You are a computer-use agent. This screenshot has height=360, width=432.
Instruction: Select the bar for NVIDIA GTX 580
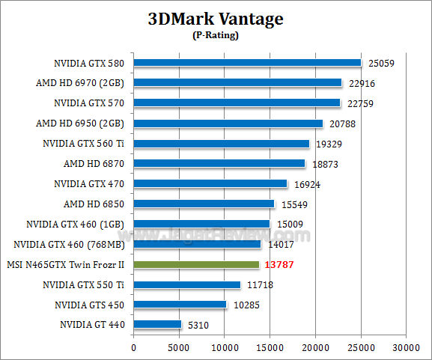(x=247, y=63)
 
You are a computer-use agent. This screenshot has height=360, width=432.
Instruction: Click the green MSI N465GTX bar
(x=196, y=265)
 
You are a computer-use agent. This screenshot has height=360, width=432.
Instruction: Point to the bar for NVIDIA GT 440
(x=157, y=325)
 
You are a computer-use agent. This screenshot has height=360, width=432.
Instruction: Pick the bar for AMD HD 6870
(x=219, y=164)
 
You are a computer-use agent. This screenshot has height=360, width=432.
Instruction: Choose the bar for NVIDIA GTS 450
(x=180, y=305)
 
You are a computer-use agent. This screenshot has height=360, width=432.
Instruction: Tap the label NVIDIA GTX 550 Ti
(x=82, y=284)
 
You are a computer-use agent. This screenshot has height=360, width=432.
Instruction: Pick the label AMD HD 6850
(x=93, y=204)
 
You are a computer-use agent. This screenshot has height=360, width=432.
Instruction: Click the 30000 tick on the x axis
(x=407, y=347)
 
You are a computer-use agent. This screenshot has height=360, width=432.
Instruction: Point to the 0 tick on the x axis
(x=134, y=347)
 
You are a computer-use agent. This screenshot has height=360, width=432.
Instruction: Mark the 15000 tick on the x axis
(x=270, y=347)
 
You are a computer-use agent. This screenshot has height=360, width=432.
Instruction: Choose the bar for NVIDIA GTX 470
(x=210, y=184)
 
